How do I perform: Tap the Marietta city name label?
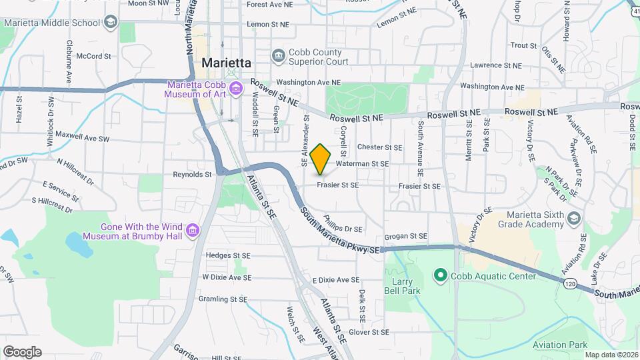point(226,62)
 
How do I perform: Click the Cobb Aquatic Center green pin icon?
point(439,275)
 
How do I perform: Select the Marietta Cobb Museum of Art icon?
point(235,89)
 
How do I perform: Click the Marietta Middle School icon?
point(109,22)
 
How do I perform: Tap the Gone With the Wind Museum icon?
point(193,231)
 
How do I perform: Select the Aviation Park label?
point(559,345)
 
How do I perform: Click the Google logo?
point(22,351)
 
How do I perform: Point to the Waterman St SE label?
point(362,163)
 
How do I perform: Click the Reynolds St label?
point(192,175)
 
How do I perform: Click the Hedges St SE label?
point(228,255)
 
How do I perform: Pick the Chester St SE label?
point(380,147)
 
